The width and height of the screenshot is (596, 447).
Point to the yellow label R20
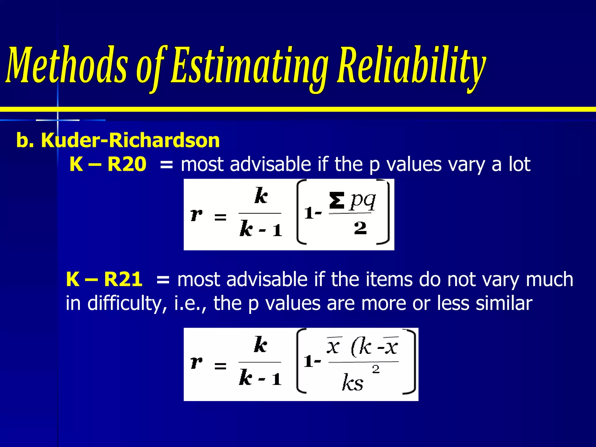point(127,164)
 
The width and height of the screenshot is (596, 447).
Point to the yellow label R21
point(123,279)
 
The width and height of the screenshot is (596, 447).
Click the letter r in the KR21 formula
point(196,362)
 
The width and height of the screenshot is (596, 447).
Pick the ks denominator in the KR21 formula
point(352,382)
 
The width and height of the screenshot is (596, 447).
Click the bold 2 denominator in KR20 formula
point(360,228)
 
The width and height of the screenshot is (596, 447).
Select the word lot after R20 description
point(519,164)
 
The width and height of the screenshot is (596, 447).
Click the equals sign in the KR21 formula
point(220,366)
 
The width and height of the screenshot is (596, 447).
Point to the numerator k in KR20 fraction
point(261,196)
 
